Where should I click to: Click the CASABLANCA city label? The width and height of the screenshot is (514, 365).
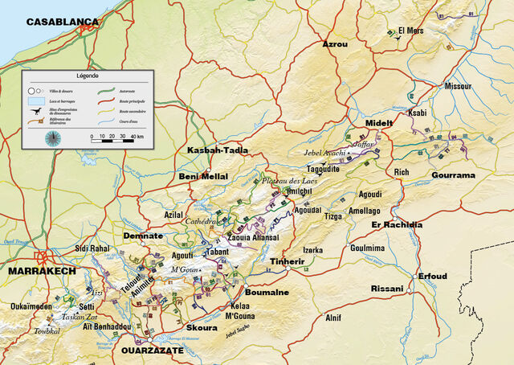(62, 23)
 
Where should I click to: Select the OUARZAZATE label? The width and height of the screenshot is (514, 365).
(152, 351)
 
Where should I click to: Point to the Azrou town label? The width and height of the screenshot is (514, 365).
(334, 44)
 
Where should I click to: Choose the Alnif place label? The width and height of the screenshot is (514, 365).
(333, 317)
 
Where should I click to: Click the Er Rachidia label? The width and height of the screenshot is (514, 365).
(396, 224)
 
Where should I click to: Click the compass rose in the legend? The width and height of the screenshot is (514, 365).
(53, 137)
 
